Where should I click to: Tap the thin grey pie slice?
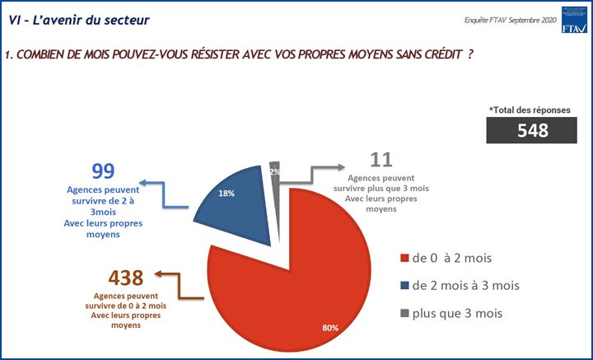click(275, 169)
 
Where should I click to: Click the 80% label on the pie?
click(329, 328)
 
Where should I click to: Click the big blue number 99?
click(103, 172)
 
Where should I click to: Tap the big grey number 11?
click(381, 160)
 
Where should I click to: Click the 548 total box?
click(533, 129)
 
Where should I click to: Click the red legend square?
click(404, 259)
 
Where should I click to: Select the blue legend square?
click(404, 286)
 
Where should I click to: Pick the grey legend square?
click(404, 313)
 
